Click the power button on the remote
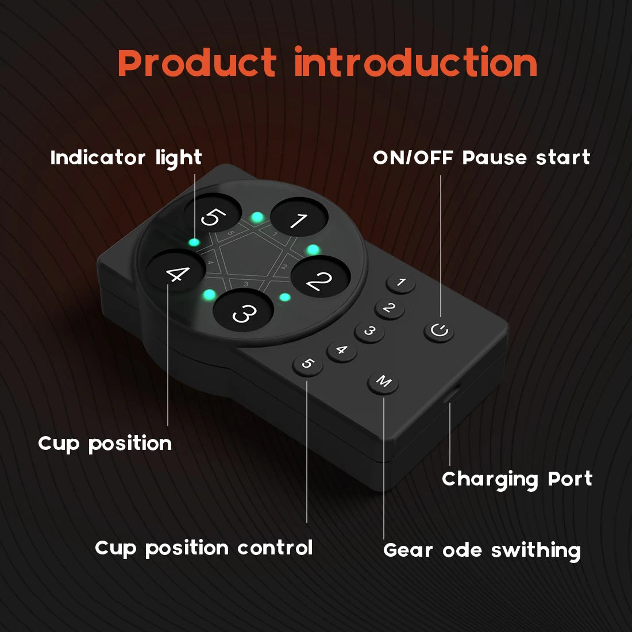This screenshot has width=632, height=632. (439, 332)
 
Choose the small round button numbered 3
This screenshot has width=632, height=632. (369, 332)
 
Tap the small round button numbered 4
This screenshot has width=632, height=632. (341, 351)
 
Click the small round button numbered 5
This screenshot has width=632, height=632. (307, 365)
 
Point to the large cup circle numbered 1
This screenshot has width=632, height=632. (299, 217)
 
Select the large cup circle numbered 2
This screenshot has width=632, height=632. (321, 277)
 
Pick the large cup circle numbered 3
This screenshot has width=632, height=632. (244, 310)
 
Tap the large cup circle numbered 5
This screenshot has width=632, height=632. (213, 214)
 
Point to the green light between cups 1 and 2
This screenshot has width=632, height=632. (313, 249)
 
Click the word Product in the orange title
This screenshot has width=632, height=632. (196, 62)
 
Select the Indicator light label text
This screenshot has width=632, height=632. (126, 158)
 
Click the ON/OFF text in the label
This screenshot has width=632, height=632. (413, 157)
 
